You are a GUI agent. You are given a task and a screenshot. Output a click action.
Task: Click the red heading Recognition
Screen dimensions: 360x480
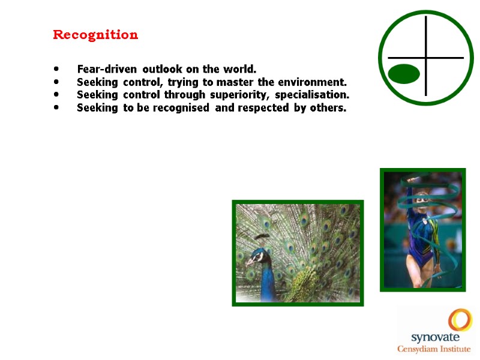pyautogui.click(x=95, y=35)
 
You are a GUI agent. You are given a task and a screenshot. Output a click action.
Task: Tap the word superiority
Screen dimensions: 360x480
pyautogui.click(x=242, y=95)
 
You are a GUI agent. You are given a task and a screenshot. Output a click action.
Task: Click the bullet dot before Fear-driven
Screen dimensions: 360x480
pyautogui.click(x=56, y=68)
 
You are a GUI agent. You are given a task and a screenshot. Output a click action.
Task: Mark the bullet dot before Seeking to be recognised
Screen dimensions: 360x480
pyautogui.click(x=56, y=107)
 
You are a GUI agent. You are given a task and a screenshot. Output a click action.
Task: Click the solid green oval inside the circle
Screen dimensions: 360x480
pyautogui.click(x=404, y=73)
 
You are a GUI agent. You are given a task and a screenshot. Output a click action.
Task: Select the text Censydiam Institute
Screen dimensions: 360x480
pyautogui.click(x=436, y=349)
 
